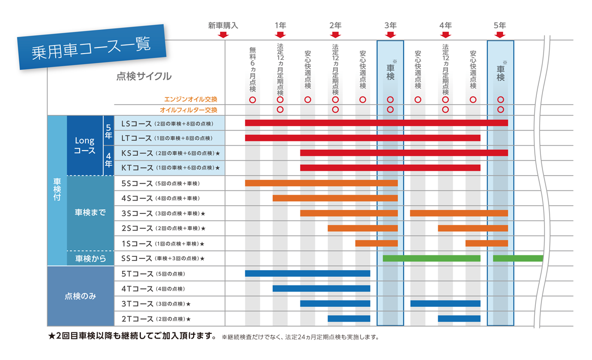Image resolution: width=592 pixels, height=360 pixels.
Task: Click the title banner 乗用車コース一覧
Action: coord(91,47)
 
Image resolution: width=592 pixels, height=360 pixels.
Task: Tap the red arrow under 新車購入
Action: coord(223,35)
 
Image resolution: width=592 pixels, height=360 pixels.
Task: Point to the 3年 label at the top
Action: coord(390,25)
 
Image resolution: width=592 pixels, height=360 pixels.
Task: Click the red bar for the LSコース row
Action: coord(376,123)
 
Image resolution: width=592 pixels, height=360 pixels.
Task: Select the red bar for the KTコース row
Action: coord(390,168)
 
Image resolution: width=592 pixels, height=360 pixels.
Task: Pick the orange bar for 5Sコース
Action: coord(321,183)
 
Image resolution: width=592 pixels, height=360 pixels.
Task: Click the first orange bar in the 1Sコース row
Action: coord(376,243)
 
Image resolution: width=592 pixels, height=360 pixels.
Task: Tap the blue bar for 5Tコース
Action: coord(307,274)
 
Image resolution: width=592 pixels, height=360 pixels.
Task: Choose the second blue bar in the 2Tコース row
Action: coord(459,319)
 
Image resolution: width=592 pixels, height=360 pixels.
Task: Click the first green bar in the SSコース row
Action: coord(432,258)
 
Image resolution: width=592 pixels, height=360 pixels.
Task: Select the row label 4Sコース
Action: coord(137,198)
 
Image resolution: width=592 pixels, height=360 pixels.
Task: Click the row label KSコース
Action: coord(137,153)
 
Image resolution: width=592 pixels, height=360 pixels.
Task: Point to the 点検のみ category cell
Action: coord(80,296)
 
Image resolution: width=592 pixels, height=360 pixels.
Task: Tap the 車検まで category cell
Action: coord(90,213)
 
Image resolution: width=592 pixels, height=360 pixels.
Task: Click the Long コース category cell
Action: coord(85,145)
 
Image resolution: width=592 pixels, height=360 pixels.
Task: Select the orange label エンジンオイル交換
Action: coord(191,100)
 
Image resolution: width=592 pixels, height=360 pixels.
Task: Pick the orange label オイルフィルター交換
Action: coord(188,110)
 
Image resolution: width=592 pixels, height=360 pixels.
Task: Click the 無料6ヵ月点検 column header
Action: coord(252,69)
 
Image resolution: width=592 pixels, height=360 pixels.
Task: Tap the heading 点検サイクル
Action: coord(144,77)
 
